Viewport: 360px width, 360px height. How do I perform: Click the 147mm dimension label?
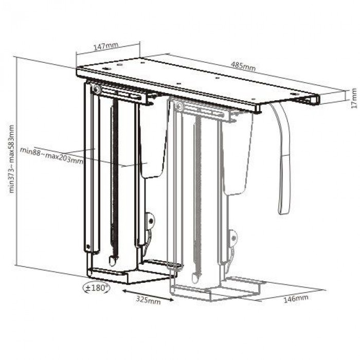(x=106, y=46)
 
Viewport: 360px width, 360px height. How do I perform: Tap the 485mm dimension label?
(x=243, y=66)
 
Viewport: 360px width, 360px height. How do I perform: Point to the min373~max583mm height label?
(x=11, y=159)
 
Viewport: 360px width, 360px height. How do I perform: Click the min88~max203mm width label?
(x=51, y=155)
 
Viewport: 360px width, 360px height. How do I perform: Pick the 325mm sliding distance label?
(x=148, y=300)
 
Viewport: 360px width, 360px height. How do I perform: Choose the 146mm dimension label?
(x=296, y=299)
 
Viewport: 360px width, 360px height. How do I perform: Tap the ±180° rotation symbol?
(x=97, y=287)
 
